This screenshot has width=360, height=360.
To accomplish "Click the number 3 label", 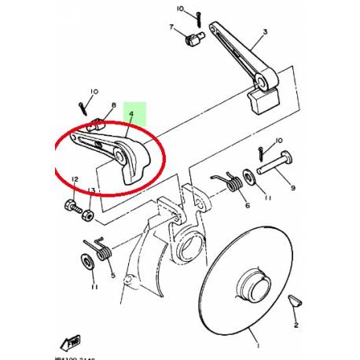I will tap(265, 32).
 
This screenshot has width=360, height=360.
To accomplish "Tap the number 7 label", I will tap(171, 28).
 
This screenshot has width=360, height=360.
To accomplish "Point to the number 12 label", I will tap(75, 180).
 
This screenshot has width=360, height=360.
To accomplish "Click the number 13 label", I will tap(91, 191).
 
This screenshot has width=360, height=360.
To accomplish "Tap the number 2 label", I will tap(296, 323).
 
